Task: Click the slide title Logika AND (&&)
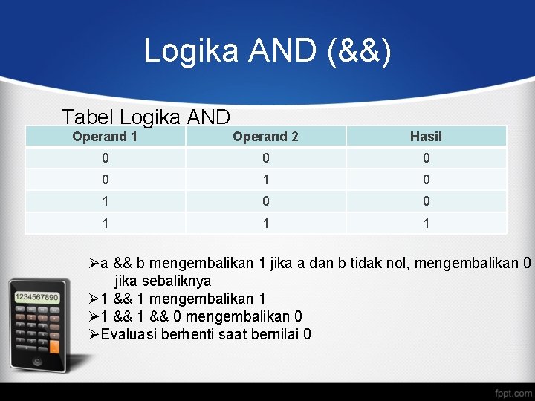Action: pos(267,51)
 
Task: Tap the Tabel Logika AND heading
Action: pos(146,117)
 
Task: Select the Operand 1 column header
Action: pos(105,136)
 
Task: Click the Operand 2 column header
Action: pos(265,136)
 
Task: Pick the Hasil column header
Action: pos(426,136)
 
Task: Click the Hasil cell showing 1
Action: pos(426,223)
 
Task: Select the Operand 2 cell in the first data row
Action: pos(265,157)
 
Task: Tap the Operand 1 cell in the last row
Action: pos(105,223)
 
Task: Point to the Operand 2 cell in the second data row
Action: pos(265,179)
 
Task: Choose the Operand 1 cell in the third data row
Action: pos(105,201)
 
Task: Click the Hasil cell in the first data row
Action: pos(426,157)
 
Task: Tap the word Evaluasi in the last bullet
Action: pos(131,334)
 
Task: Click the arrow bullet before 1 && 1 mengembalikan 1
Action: pos(94,299)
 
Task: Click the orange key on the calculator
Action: pos(54,346)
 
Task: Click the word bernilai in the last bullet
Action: pos(276,334)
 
